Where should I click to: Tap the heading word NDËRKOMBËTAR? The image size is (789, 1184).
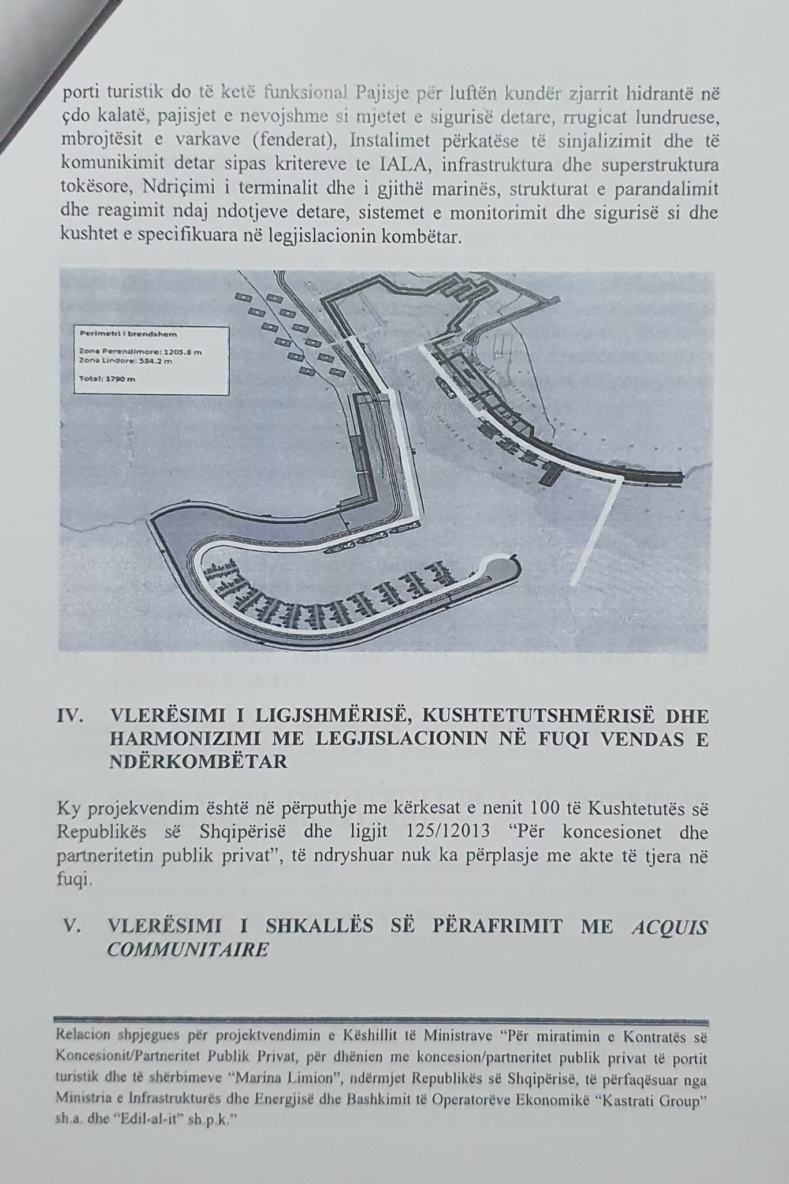point(198,761)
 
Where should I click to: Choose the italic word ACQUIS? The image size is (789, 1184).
point(670,926)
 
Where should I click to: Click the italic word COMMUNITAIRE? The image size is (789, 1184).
point(188,950)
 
